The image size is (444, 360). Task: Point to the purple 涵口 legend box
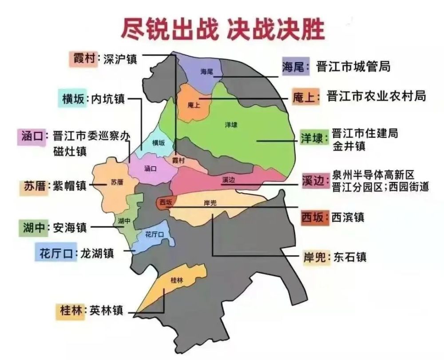point(32,136)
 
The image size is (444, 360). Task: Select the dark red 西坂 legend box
point(314,217)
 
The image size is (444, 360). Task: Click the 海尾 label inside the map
point(207,71)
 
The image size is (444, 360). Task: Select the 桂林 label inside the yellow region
point(177,280)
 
